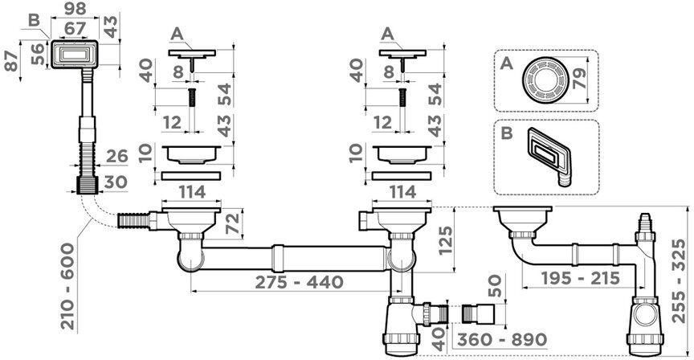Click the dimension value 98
pos(75,8)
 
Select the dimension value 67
pos(75,28)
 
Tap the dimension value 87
pos(11,60)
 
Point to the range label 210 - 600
pos(67,285)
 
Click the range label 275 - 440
pos(299,281)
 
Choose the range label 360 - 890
pos(502,340)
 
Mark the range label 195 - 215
pos(581,278)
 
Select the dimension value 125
pos(446,240)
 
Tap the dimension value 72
pos(232,223)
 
